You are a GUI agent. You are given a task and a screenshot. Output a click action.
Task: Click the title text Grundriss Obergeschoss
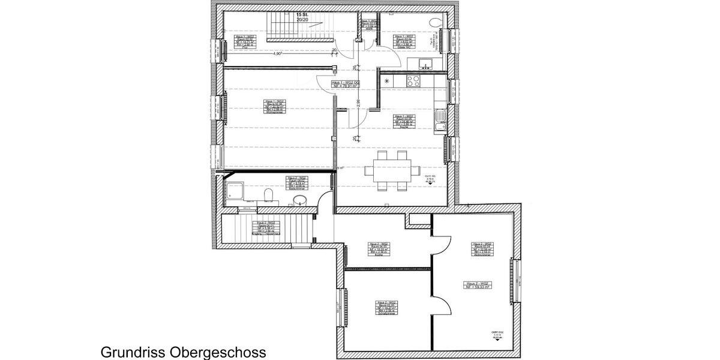click(182, 352)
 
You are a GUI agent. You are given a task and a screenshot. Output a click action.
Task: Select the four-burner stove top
click(414, 80)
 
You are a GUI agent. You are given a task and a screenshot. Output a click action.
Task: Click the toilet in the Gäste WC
click(436, 22)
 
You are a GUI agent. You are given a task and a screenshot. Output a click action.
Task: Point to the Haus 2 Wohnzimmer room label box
click(483, 248)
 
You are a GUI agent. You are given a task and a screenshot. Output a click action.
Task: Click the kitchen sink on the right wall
click(440, 119)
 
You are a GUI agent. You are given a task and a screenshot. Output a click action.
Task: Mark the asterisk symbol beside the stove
click(387, 80)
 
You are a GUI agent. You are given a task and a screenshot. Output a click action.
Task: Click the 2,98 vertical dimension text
click(358, 103)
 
